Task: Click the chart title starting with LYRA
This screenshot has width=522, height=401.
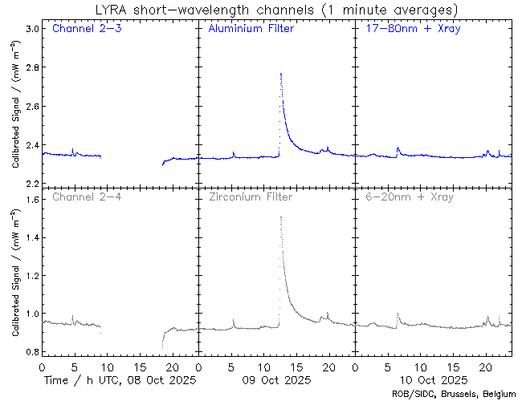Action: (x=263, y=10)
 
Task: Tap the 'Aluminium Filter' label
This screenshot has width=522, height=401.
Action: (x=251, y=30)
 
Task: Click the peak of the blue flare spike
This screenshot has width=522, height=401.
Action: (x=280, y=74)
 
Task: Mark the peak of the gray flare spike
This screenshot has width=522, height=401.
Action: (x=280, y=217)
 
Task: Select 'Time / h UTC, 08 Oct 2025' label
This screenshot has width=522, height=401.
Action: (x=120, y=379)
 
